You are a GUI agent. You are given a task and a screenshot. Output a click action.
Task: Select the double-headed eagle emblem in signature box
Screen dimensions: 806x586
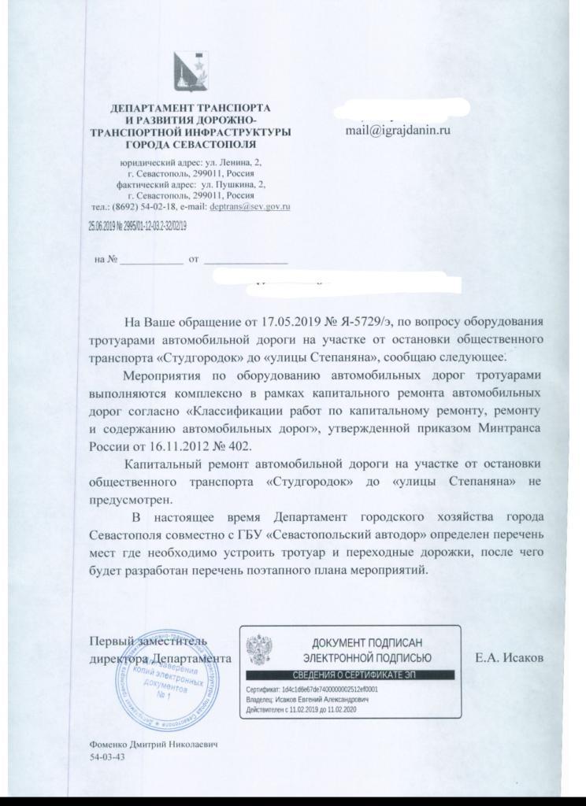tap(259, 650)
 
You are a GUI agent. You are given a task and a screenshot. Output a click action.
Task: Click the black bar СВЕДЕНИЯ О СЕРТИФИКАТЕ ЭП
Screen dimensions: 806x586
tap(350, 675)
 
